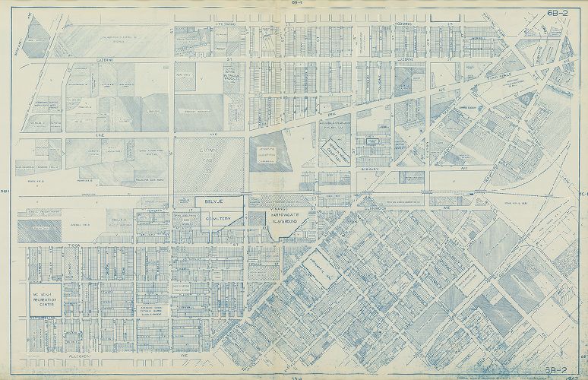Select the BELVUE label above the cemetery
click(x=208, y=202)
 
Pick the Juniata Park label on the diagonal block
click(x=319, y=270)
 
